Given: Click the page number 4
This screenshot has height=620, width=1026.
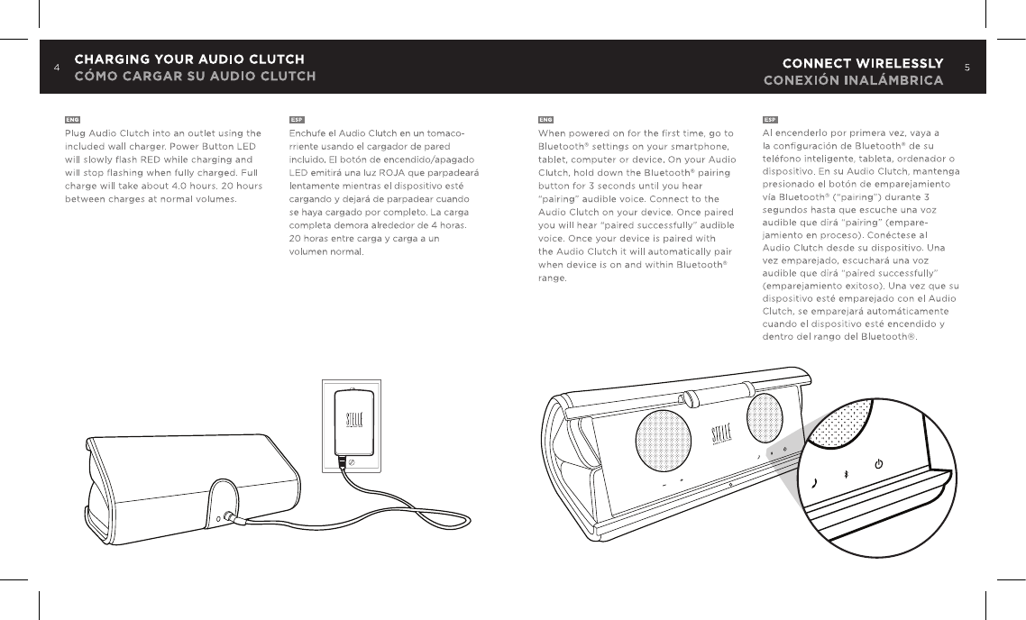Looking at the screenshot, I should point(56,68).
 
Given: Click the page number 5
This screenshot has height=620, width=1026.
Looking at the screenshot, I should point(967,68).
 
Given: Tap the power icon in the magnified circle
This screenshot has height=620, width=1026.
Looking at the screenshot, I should point(879,464).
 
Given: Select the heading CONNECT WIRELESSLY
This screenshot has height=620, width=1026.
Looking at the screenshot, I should point(863,63).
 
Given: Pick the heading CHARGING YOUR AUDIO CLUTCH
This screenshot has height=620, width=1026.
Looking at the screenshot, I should point(189,59).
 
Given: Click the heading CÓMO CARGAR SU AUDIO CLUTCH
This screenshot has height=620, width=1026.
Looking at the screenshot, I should point(195,76).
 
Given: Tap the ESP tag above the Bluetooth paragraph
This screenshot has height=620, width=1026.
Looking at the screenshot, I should point(771,119).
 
